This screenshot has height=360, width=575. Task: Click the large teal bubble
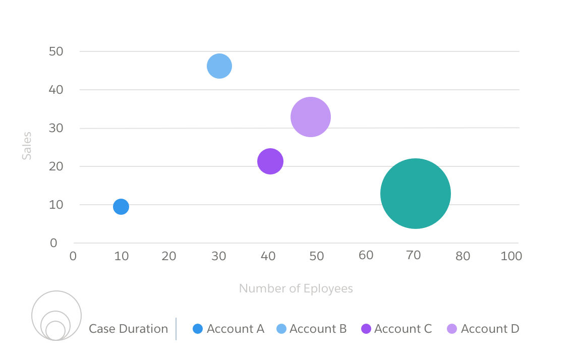click(415, 194)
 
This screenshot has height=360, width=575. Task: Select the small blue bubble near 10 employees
click(121, 206)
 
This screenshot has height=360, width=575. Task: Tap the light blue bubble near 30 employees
click(219, 66)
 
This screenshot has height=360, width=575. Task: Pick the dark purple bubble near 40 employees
click(270, 161)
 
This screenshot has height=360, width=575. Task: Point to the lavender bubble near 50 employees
click(311, 117)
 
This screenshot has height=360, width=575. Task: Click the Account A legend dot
click(198, 329)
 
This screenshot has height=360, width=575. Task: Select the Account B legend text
click(318, 329)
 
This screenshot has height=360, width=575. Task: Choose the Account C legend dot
click(366, 329)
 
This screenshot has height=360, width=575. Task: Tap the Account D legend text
click(490, 329)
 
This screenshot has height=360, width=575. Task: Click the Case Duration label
click(128, 329)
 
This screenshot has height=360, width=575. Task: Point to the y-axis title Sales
click(27, 146)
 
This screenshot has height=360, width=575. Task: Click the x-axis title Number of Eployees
click(296, 288)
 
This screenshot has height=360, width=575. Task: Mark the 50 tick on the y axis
click(56, 51)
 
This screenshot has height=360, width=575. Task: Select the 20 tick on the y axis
click(56, 166)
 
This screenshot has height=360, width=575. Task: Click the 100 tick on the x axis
click(511, 256)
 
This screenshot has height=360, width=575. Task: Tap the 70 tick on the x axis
click(414, 256)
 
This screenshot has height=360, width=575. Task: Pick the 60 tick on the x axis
click(366, 256)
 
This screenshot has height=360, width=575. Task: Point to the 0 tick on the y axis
click(53, 243)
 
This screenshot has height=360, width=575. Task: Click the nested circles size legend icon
click(56, 316)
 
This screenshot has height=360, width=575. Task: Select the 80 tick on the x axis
click(463, 256)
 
